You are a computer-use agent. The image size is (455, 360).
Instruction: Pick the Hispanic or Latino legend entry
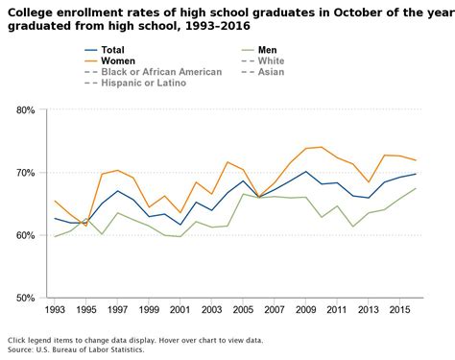[144, 84]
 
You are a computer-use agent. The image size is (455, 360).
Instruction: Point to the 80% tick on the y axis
[26, 110]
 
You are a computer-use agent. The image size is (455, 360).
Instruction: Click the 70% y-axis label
[26, 173]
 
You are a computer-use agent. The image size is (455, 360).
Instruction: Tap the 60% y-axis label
[26, 235]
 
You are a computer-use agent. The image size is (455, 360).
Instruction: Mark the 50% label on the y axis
[26, 298]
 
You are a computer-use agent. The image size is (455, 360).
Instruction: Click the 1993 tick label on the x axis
[56, 311]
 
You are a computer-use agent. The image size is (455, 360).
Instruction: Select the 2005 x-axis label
[244, 311]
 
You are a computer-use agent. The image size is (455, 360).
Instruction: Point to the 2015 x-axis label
[400, 311]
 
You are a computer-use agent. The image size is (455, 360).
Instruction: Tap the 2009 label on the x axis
[306, 311]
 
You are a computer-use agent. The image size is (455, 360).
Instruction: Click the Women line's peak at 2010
[322, 147]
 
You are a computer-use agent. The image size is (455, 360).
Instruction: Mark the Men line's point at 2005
[244, 194]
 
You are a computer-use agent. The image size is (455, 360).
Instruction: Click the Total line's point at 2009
[306, 172]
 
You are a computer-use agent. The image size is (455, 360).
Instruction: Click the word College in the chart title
[31, 12]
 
